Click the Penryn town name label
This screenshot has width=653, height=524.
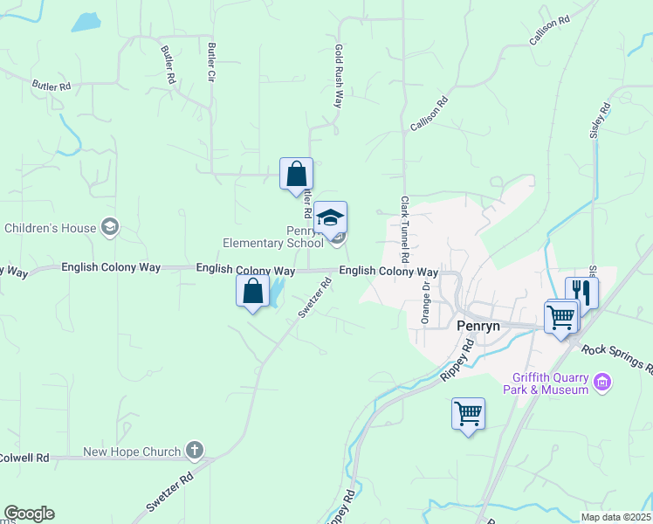[x=479, y=325]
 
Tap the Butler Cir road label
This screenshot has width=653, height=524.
[x=211, y=61]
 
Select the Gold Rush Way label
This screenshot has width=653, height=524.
[x=339, y=76]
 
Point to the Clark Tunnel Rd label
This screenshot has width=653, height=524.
[x=405, y=230]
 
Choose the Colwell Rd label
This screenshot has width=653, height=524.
[x=24, y=457]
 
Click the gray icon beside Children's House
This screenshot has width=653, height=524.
[x=110, y=228]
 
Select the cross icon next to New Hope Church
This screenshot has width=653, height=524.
[x=195, y=451]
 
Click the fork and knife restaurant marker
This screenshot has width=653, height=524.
[x=581, y=292]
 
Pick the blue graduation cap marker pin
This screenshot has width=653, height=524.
[x=331, y=217]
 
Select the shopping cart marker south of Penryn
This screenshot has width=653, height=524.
[x=469, y=413]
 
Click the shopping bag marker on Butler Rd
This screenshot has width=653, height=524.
[x=296, y=172]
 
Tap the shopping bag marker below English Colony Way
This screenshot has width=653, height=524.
[x=253, y=290]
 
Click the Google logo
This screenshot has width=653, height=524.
[x=29, y=514]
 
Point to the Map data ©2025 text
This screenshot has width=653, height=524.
[x=616, y=517]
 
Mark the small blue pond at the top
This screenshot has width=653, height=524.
[x=86, y=23]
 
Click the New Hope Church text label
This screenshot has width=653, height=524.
[x=132, y=452]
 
